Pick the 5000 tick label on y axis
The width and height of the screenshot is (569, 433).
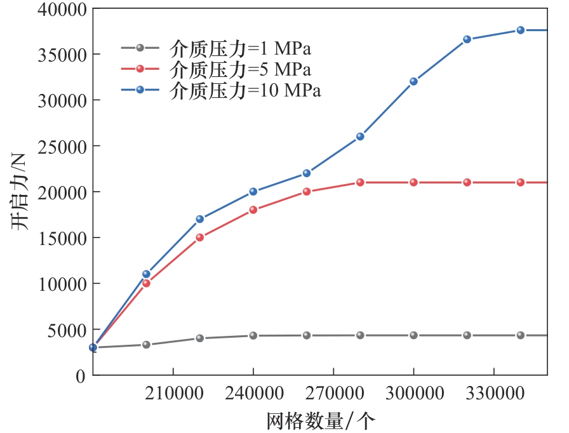pyautogui.click(x=64, y=330)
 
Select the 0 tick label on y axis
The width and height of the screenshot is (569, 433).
pyautogui.click(x=80, y=375)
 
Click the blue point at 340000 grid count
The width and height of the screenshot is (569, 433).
pyautogui.click(x=520, y=30)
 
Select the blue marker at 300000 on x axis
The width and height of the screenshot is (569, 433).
pyautogui.click(x=413, y=81)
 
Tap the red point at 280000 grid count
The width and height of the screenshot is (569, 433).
pyautogui.click(x=360, y=182)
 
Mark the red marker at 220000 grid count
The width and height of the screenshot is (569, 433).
pyautogui.click(x=200, y=237)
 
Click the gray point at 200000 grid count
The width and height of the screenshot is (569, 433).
pyautogui.click(x=146, y=345)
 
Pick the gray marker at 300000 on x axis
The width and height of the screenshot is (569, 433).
pyautogui.click(x=413, y=335)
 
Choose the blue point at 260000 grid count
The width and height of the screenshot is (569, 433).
pyautogui.click(x=307, y=173)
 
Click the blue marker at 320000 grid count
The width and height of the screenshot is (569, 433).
pyautogui.click(x=467, y=39)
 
